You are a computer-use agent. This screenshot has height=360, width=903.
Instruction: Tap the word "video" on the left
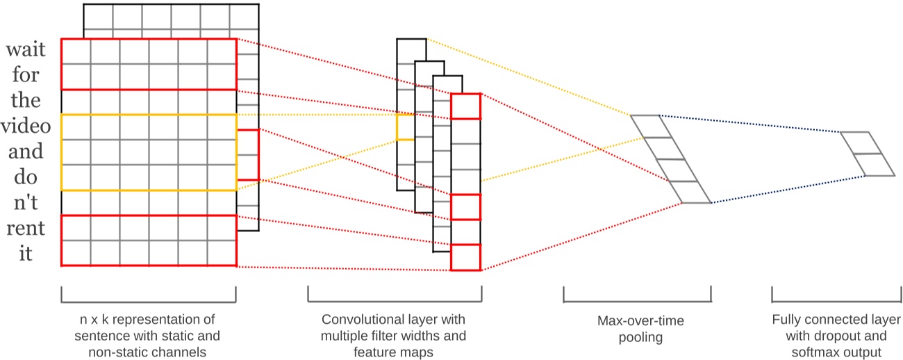26,126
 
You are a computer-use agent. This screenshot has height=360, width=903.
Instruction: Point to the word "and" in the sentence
26,151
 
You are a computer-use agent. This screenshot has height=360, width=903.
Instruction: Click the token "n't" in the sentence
26,202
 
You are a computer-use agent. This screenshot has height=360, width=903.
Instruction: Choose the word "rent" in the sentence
26,227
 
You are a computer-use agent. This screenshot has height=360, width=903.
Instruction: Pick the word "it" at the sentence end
26,253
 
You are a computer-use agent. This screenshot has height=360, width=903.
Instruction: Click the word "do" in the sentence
26,177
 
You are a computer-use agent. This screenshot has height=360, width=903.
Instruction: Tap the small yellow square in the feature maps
405,127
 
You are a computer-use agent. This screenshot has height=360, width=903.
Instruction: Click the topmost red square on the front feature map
465,106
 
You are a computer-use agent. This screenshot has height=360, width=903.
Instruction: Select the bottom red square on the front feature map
465,257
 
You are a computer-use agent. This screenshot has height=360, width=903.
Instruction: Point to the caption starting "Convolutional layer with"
393,336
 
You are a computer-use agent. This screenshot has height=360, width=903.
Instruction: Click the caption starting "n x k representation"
147,336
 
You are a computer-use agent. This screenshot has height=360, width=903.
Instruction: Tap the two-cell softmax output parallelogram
867,154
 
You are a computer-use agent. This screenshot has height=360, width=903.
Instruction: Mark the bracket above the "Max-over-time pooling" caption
636,297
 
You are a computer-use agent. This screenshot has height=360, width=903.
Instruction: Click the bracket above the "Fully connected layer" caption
832,297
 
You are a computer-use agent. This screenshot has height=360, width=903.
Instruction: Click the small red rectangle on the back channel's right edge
248,155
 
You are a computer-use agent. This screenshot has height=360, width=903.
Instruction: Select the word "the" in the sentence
26,101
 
